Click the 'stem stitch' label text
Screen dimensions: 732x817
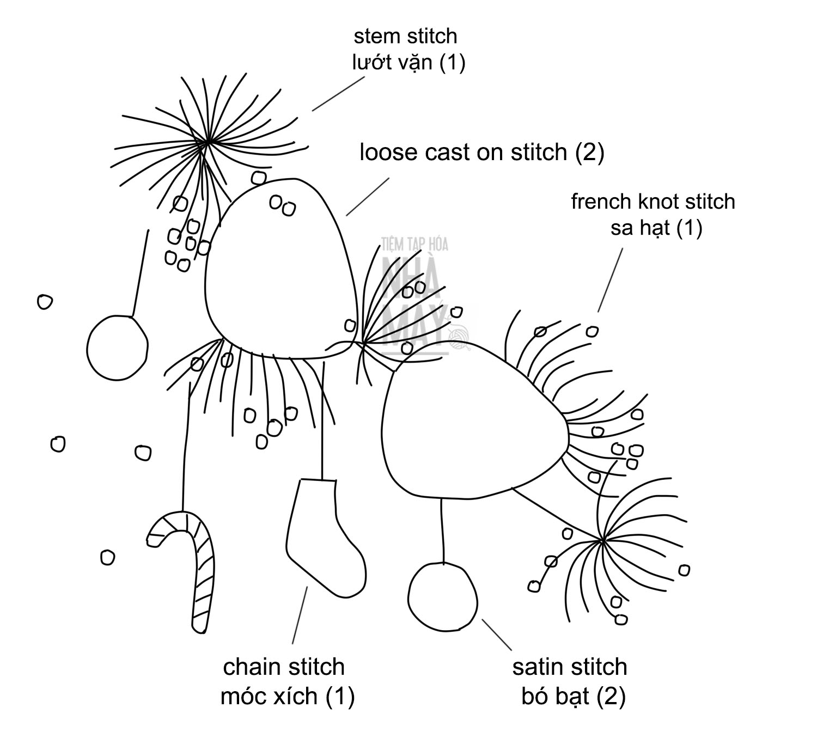pos(405,36)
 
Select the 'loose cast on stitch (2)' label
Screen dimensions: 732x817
pos(481,152)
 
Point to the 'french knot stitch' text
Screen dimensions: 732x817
pos(653,202)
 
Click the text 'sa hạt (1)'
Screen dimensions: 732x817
pos(656,228)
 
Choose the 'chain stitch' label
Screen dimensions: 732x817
pos(284,667)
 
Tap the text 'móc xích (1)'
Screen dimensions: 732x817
pos(288,696)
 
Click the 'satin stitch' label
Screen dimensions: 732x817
pos(569,667)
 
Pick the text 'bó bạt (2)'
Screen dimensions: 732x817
pos(573,696)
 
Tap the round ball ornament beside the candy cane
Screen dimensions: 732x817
pos(117,347)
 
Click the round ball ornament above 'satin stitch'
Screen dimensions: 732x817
pos(442,595)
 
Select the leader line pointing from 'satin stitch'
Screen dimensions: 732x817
pos(497,635)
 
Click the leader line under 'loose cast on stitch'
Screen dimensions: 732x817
pos(368,196)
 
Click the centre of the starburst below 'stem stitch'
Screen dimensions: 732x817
pos(208,143)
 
